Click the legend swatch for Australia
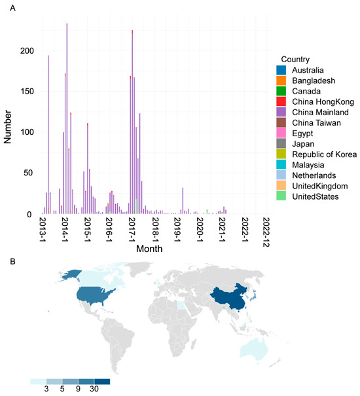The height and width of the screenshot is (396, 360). click(x=281, y=70)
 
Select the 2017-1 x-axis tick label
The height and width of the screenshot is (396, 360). click(x=131, y=230)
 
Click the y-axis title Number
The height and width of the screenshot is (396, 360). click(x=9, y=121)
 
